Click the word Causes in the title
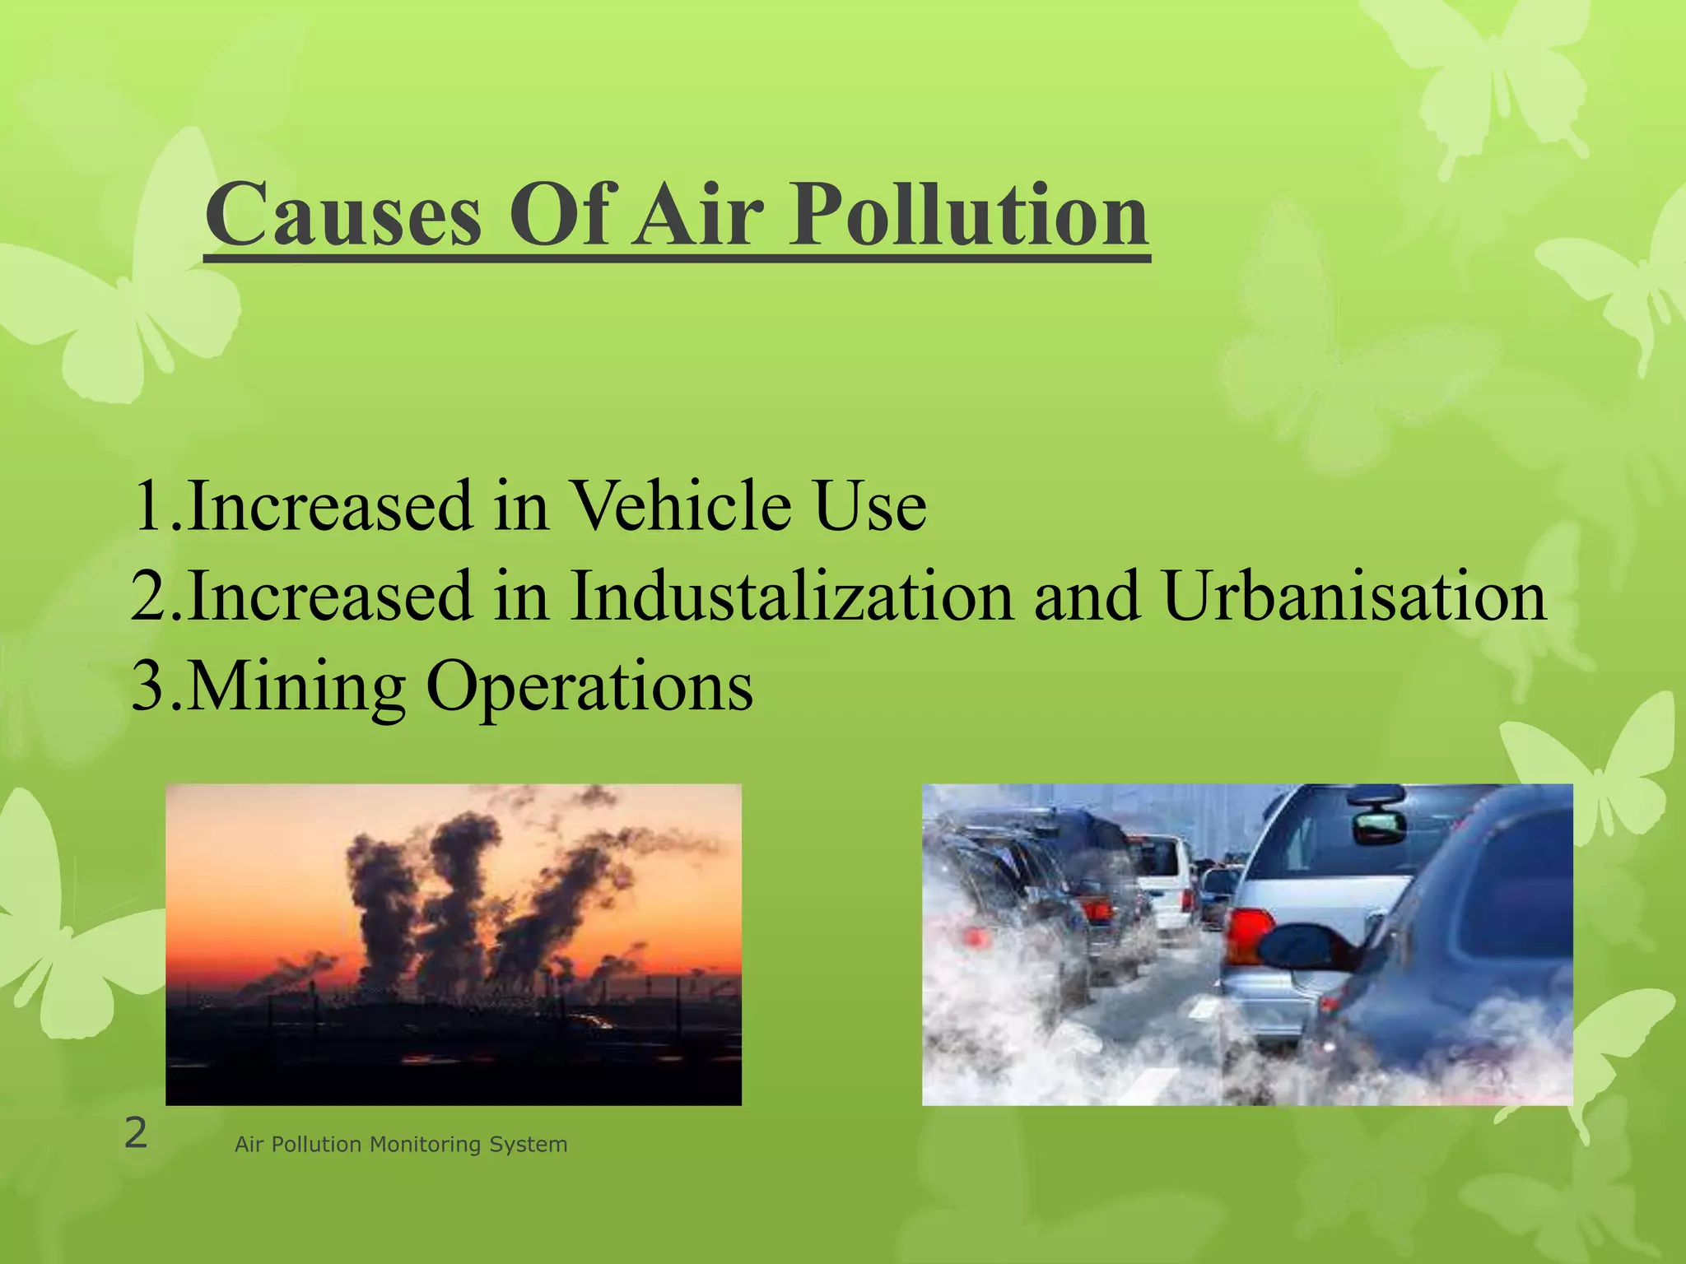coord(343,216)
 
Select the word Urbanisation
coord(1354,596)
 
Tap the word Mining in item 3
coord(296,686)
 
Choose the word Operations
coord(589,686)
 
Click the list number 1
coord(149,505)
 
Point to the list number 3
coord(149,686)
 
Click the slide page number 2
coord(136,1134)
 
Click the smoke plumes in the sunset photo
coord(461,889)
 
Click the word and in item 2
coord(1088,596)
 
